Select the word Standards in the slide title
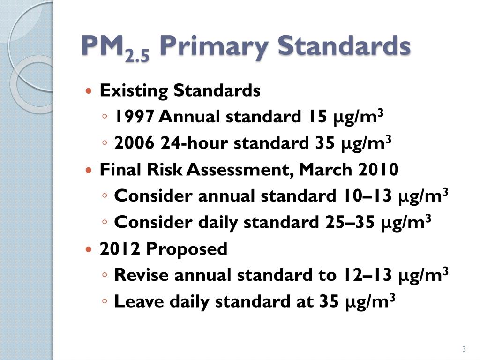(x=344, y=46)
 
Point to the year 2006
(x=134, y=143)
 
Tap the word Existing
(x=134, y=90)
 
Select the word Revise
(x=141, y=275)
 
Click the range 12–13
(x=365, y=275)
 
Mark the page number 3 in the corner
(x=464, y=349)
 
